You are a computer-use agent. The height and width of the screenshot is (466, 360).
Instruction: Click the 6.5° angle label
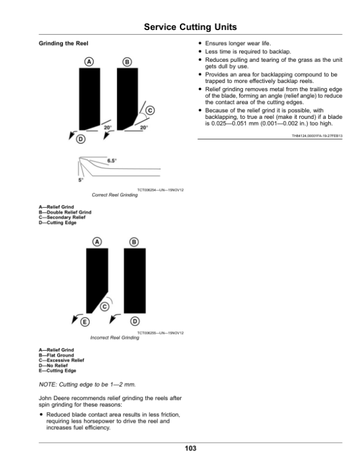click(112, 161)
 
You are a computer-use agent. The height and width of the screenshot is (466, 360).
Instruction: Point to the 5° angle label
click(80, 180)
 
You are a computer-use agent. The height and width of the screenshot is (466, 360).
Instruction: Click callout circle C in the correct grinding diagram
click(150, 110)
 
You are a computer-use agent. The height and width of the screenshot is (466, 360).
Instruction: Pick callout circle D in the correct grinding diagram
click(80, 140)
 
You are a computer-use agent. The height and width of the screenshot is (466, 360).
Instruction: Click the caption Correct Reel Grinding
click(113, 195)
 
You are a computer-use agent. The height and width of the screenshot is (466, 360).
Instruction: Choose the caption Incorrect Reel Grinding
click(114, 337)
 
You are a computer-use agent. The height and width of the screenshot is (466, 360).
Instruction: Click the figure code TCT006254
click(148, 190)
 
